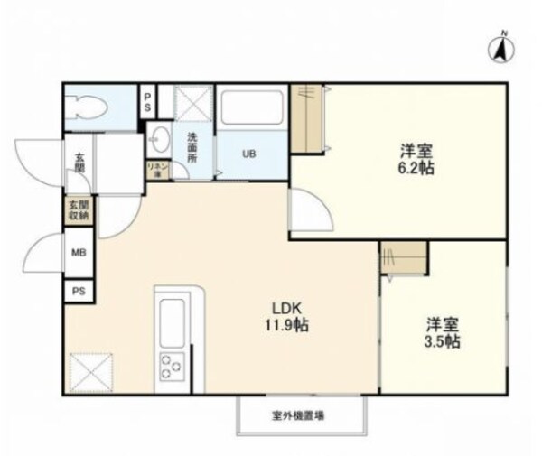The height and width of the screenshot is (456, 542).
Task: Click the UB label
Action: [248, 154]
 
